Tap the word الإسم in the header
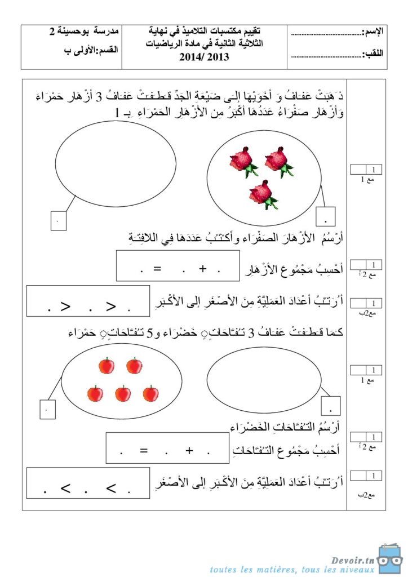point(371,32)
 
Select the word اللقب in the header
point(372,55)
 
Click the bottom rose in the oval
point(263,194)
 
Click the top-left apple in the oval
point(107,366)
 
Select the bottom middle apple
point(123,393)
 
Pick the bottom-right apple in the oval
point(150,393)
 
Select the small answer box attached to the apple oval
point(47,409)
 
